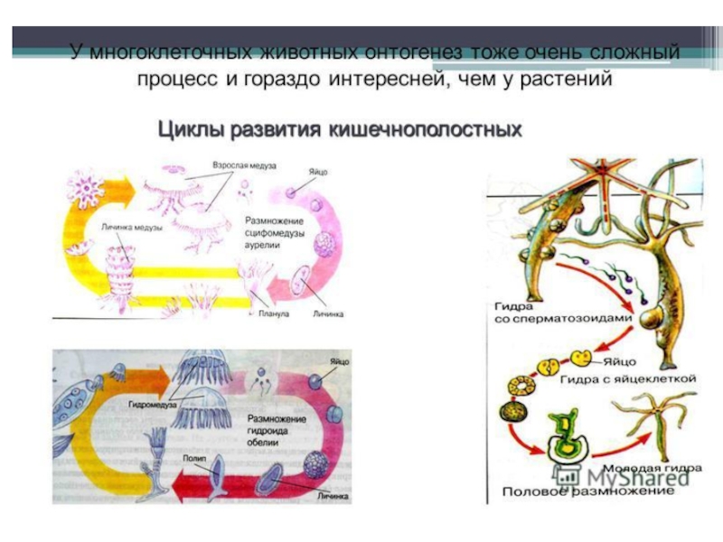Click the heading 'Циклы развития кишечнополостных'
pos(341,129)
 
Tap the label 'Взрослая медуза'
pos(244,167)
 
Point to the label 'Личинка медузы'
pos(132,228)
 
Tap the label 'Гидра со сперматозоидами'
pos(541,313)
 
